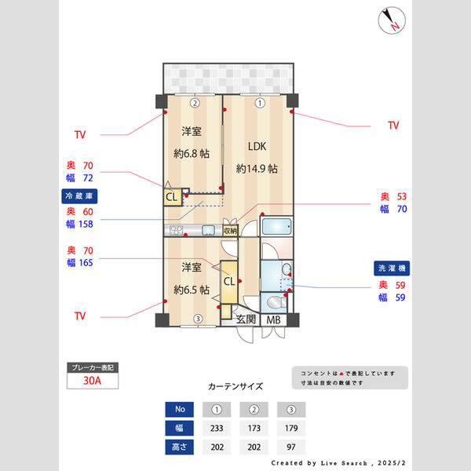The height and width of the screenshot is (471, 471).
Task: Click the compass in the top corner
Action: (x=392, y=20)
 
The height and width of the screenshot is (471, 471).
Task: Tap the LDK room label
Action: (x=257, y=147)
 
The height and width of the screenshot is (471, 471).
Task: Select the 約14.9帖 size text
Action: (x=257, y=169)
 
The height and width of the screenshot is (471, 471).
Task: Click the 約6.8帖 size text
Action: (x=192, y=154)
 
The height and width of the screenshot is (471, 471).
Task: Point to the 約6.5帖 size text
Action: (x=192, y=290)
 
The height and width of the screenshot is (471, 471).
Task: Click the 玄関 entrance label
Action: (x=246, y=319)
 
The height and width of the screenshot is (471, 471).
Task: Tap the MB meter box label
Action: (x=273, y=320)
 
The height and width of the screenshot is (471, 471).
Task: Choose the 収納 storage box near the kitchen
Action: (x=230, y=231)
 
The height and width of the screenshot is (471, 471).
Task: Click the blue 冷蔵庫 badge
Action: (x=79, y=196)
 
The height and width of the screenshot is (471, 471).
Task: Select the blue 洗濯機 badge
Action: (x=392, y=268)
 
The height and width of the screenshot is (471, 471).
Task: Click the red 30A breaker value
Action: (x=92, y=381)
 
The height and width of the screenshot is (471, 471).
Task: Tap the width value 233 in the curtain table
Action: (x=217, y=428)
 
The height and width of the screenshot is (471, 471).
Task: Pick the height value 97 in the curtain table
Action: (x=290, y=447)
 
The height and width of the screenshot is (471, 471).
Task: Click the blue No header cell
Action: (x=179, y=409)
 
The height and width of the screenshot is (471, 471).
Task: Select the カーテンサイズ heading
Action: (x=235, y=386)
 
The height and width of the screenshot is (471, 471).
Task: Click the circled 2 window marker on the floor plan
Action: (x=195, y=104)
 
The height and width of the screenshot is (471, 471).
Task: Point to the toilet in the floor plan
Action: (x=276, y=302)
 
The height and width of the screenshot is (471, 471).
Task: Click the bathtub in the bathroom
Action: (x=276, y=226)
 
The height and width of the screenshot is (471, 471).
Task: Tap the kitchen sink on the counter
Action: (x=208, y=230)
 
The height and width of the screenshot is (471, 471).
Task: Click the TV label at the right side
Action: (x=393, y=126)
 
